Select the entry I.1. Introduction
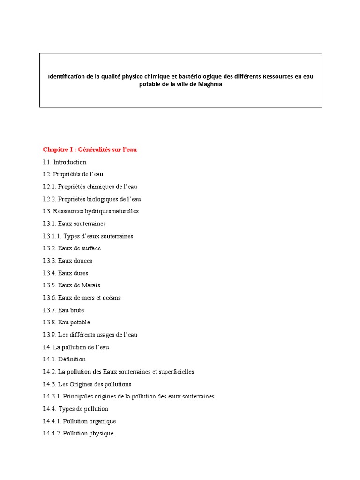tap(64, 162)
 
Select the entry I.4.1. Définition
tap(64, 360)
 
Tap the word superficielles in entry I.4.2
tap(174, 372)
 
